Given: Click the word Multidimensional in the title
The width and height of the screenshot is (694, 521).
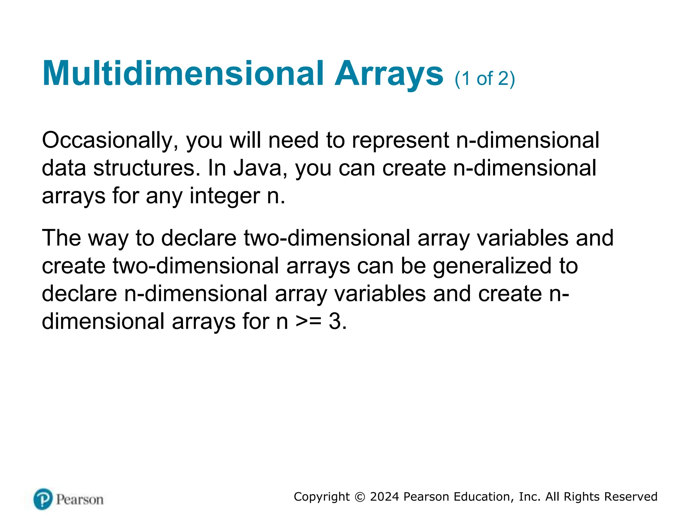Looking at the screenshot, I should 183,74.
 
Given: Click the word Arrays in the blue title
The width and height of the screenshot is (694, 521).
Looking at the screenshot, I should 389,74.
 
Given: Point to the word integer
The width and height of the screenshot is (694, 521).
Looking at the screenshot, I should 225,196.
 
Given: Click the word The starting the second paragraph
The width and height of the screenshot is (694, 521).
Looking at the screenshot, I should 61,238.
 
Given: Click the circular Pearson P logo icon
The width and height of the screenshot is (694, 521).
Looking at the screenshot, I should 43,499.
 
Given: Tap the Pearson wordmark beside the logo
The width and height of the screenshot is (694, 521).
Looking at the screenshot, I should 80,500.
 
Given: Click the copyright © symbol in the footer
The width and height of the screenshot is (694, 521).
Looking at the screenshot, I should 360,497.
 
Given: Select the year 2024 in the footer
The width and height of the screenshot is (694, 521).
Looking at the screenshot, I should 385,497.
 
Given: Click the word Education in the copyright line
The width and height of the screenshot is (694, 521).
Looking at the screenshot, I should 485,497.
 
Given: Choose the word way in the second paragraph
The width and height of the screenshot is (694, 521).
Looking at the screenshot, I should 108,238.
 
